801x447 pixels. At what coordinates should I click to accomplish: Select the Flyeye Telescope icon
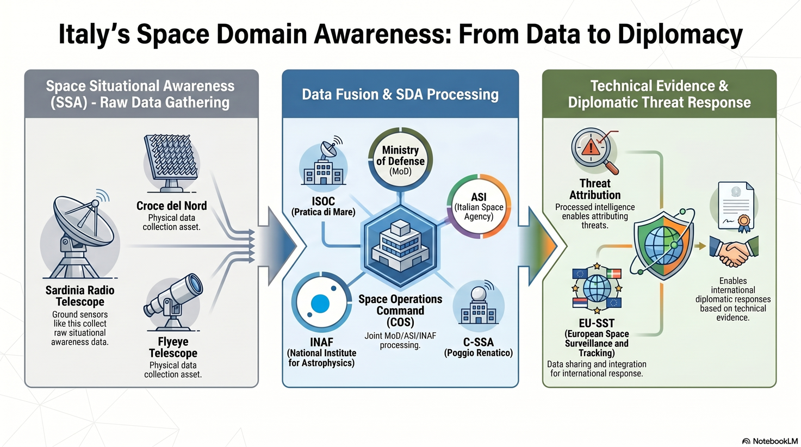pyautogui.click(x=173, y=302)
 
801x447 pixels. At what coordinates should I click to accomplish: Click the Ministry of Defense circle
pyautogui.click(x=400, y=159)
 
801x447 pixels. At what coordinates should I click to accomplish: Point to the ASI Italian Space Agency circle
pyautogui.click(x=479, y=206)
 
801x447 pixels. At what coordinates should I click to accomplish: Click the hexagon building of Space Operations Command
pyautogui.click(x=400, y=246)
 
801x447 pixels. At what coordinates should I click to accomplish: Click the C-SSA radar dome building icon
pyautogui.click(x=479, y=303)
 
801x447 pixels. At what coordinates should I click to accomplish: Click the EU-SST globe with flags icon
pyautogui.click(x=597, y=288)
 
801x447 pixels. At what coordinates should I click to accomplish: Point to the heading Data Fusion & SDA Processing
pyautogui.click(x=400, y=95)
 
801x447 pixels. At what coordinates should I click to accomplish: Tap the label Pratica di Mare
pyautogui.click(x=323, y=212)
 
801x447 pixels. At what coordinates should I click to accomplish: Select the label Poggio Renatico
pyautogui.click(x=479, y=353)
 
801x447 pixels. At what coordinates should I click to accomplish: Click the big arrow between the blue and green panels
pyautogui.click(x=542, y=246)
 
